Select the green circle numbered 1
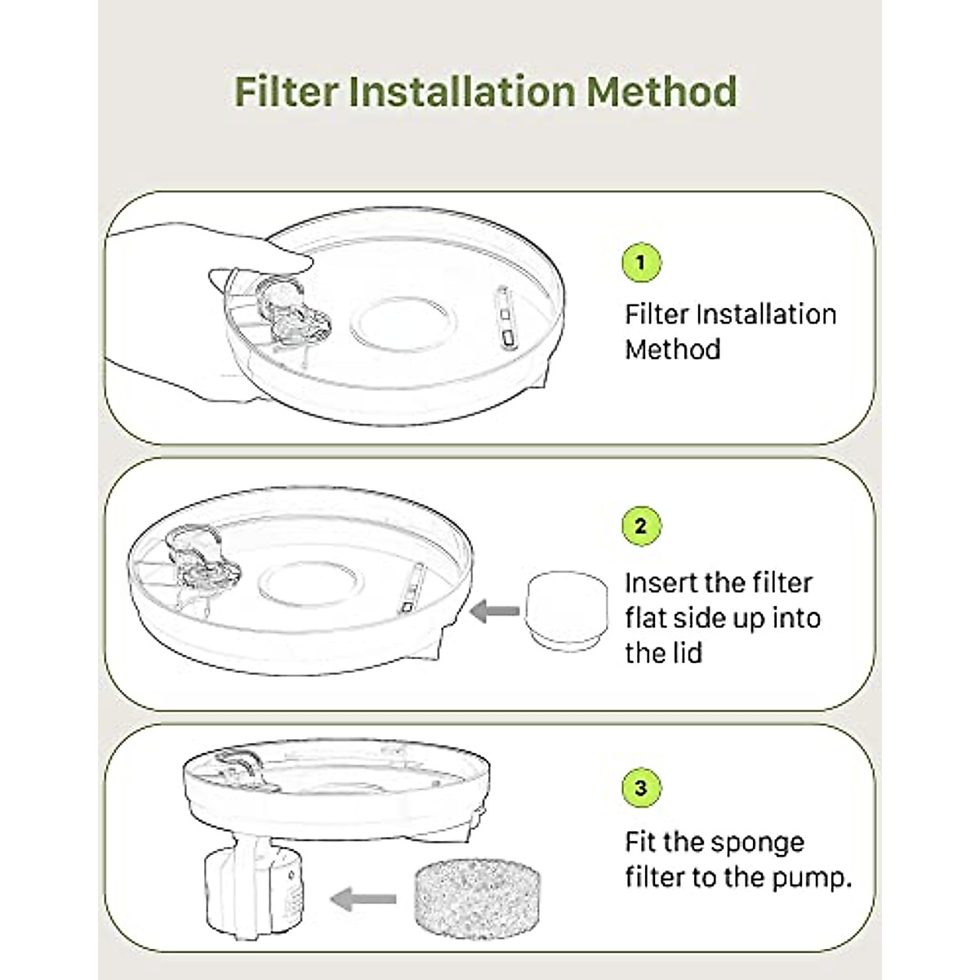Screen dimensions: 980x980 [x=640, y=262]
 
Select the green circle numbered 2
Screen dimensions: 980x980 [x=640, y=525]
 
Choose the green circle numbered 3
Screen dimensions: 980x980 [x=640, y=788]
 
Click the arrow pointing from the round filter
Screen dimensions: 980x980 [x=496, y=610]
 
